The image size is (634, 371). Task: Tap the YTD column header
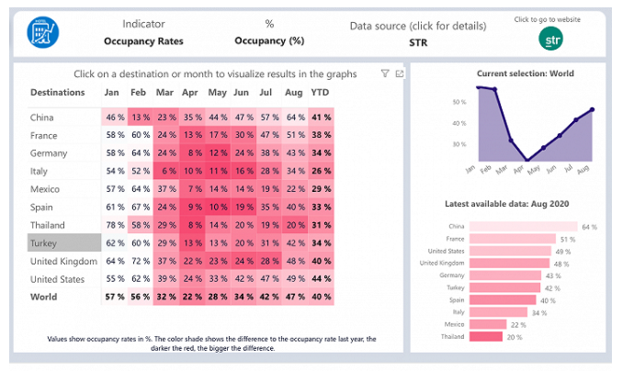[320, 92]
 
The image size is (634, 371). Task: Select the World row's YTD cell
[321, 297]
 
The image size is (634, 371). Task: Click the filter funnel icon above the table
[385, 73]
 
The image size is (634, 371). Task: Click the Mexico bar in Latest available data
[489, 323]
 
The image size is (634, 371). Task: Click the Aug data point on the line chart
[593, 109]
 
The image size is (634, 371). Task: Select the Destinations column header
[58, 92]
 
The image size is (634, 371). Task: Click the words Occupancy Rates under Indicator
[143, 41]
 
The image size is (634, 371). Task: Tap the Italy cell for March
[166, 171]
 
